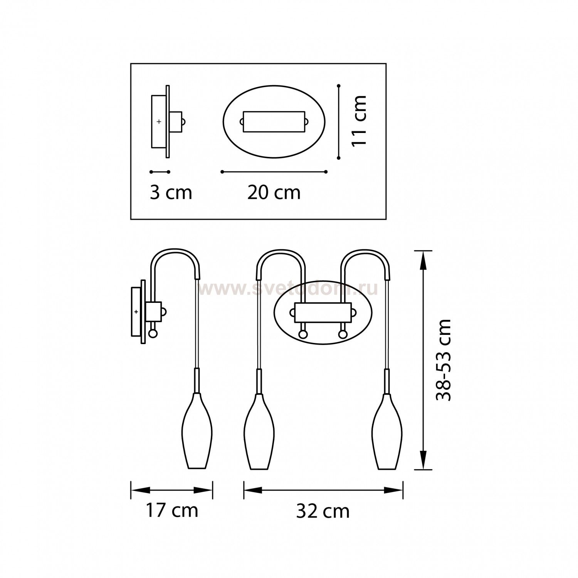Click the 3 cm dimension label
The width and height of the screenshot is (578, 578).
pos(171,192)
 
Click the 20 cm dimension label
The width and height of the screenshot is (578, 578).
pos(274,192)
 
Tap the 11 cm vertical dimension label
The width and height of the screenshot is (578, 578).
pos(359,121)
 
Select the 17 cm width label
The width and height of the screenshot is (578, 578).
pos(172,510)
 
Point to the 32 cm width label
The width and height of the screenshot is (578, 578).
pos(323,511)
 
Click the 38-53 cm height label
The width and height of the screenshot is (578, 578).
pos(443,360)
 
